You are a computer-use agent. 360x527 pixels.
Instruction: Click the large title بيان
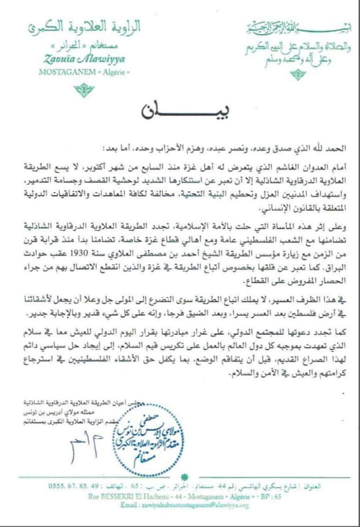[180, 109]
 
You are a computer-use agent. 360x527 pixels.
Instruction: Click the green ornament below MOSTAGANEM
[84, 91]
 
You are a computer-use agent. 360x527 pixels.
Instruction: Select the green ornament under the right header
[297, 75]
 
